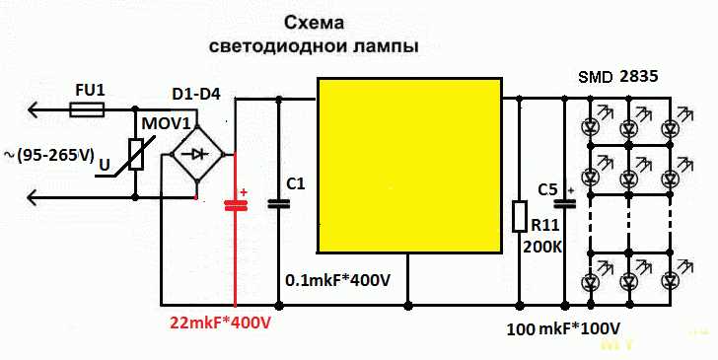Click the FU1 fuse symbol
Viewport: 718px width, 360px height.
(x=90, y=113)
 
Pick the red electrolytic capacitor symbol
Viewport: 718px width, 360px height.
(x=235, y=205)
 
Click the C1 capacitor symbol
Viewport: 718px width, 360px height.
(x=279, y=204)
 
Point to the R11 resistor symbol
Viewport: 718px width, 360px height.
(x=520, y=216)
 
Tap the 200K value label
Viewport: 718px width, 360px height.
(x=542, y=246)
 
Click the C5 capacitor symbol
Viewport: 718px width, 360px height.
(x=564, y=205)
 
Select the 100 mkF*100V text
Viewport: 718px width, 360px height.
(x=563, y=327)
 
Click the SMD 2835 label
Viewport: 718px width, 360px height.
(x=618, y=75)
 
